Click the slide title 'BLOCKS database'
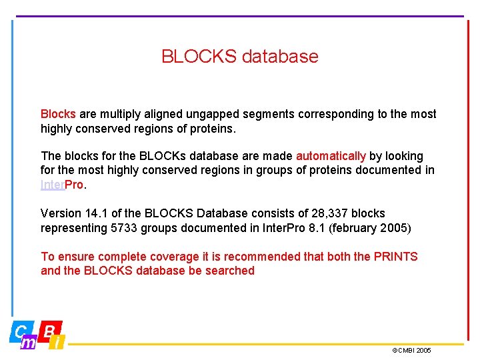pos(240,56)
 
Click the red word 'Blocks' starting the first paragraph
pos(58,114)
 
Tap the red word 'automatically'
pos(331,156)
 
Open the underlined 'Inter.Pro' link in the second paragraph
pos(62,185)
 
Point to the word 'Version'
pos(61,213)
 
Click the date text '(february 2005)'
pos(371,228)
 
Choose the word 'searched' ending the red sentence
pos(229,271)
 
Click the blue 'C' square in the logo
pos(21,330)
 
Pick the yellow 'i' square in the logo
pos(58,343)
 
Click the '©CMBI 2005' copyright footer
pos(411,350)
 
